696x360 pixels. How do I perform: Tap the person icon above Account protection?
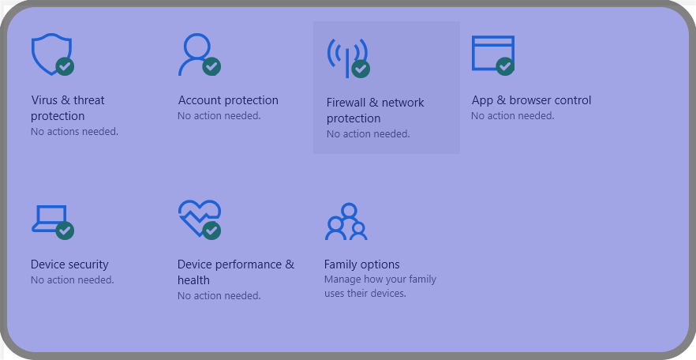(196, 47)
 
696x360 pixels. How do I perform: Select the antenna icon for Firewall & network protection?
(347, 58)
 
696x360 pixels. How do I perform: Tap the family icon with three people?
(346, 222)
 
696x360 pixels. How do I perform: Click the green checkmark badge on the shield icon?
(65, 66)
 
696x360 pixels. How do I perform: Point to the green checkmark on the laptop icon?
(65, 231)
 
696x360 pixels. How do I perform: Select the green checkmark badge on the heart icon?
(211, 231)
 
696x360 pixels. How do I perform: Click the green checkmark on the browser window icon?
(505, 66)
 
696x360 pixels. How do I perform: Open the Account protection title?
(228, 100)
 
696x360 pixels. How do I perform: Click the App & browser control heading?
(531, 100)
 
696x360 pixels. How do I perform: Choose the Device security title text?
(69, 264)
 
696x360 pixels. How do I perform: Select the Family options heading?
(361, 264)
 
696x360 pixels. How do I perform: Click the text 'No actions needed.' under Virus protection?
(74, 132)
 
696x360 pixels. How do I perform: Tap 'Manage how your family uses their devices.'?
(380, 287)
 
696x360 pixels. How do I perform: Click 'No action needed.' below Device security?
(73, 280)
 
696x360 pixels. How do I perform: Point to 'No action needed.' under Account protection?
(219, 116)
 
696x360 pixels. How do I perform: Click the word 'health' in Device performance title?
(193, 280)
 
